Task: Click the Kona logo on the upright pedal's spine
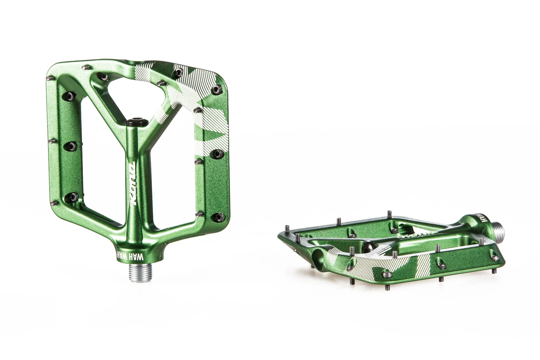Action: click(x=131, y=186)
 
